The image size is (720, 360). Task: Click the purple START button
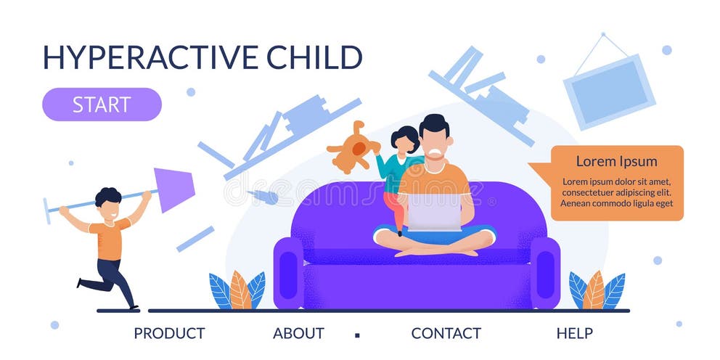[x=102, y=105]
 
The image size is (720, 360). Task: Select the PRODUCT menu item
[x=169, y=334]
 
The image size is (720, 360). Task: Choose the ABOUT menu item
[x=298, y=334]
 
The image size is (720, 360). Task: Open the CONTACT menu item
[x=446, y=334]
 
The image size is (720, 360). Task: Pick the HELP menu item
[x=575, y=334]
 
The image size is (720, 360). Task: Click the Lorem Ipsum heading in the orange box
[x=616, y=162]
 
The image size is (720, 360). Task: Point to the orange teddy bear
[x=353, y=147]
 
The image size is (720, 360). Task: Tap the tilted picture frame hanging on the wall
[x=610, y=91]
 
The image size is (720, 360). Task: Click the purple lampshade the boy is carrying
[x=173, y=189]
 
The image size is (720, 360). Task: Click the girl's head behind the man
[x=404, y=139]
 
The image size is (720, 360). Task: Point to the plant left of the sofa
[x=237, y=291]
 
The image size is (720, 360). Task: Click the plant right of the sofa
[x=597, y=290]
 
